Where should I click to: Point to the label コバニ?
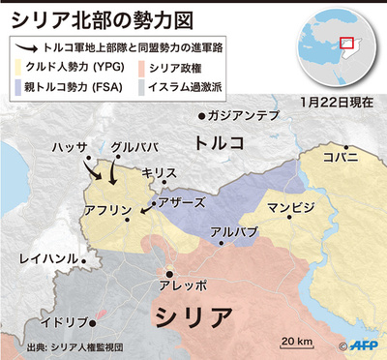click(341, 155)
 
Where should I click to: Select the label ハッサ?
click(70, 147)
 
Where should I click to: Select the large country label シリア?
click(193, 316)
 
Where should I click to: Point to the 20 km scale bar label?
click(295, 340)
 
